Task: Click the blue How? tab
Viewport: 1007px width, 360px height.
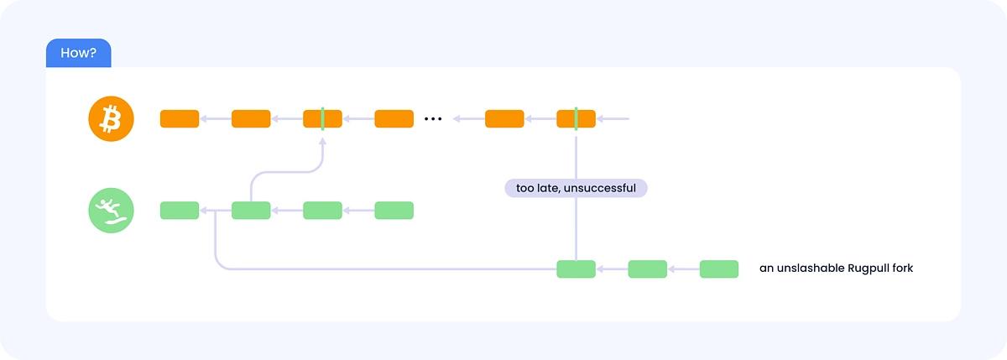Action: point(79,53)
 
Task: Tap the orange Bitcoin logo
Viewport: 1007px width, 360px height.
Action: point(111,118)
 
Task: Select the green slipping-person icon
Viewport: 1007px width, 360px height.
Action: point(111,211)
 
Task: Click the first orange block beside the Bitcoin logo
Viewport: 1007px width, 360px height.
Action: point(180,118)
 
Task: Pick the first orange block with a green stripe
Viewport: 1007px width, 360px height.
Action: point(322,118)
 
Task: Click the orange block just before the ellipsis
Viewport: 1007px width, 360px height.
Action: point(394,118)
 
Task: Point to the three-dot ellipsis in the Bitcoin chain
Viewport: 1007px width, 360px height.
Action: point(433,119)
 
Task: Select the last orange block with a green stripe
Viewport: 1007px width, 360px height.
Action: point(576,118)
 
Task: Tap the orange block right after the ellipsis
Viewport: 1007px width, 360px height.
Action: point(504,118)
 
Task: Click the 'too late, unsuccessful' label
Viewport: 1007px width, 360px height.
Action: point(576,188)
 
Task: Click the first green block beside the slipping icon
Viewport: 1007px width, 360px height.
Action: point(180,211)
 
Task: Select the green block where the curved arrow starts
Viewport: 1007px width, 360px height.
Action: point(251,211)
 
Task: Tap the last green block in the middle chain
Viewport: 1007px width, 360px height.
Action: point(394,211)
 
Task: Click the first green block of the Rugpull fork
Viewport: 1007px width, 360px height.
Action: point(576,269)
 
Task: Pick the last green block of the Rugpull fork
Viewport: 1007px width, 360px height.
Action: point(719,269)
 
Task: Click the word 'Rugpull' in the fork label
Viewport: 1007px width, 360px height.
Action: point(868,269)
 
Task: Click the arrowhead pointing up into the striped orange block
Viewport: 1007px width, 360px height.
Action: point(322,141)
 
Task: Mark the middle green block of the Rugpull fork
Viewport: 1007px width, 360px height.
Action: point(647,269)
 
